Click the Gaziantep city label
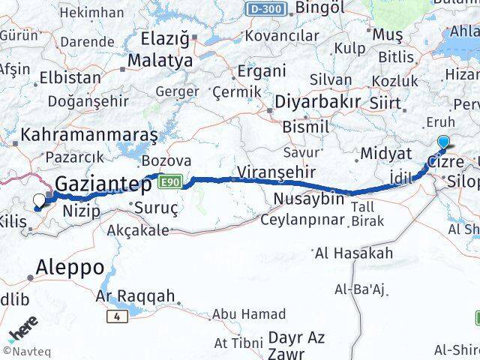tap(100, 181)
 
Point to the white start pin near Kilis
tap(39, 200)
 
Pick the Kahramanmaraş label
tap(89, 135)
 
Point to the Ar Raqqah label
tap(135, 296)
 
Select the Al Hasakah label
tap(354, 253)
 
